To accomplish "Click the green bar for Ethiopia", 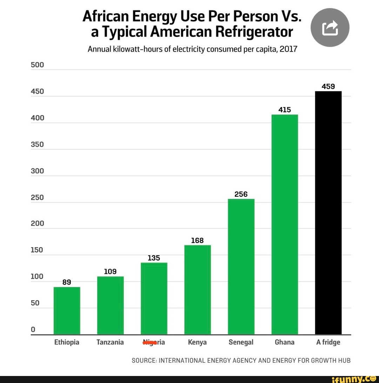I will tap(67, 310).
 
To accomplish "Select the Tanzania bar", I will tap(110, 305).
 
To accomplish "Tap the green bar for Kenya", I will tap(198, 289).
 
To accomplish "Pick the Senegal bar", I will tap(241, 267).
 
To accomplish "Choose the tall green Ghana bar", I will tap(285, 224).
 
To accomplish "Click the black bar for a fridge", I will tap(328, 213).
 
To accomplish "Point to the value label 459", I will tap(328, 86).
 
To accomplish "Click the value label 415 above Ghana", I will tap(285, 110).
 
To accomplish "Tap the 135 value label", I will tap(154, 258).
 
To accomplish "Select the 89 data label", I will tap(67, 282).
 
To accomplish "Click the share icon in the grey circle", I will tap(330, 28).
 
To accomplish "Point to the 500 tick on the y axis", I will tap(37, 65).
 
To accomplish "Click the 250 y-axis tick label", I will tap(37, 197).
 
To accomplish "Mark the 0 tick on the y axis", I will tap(33, 329).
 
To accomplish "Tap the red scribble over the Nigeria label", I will tap(149, 342).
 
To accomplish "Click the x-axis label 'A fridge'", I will tap(328, 342).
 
